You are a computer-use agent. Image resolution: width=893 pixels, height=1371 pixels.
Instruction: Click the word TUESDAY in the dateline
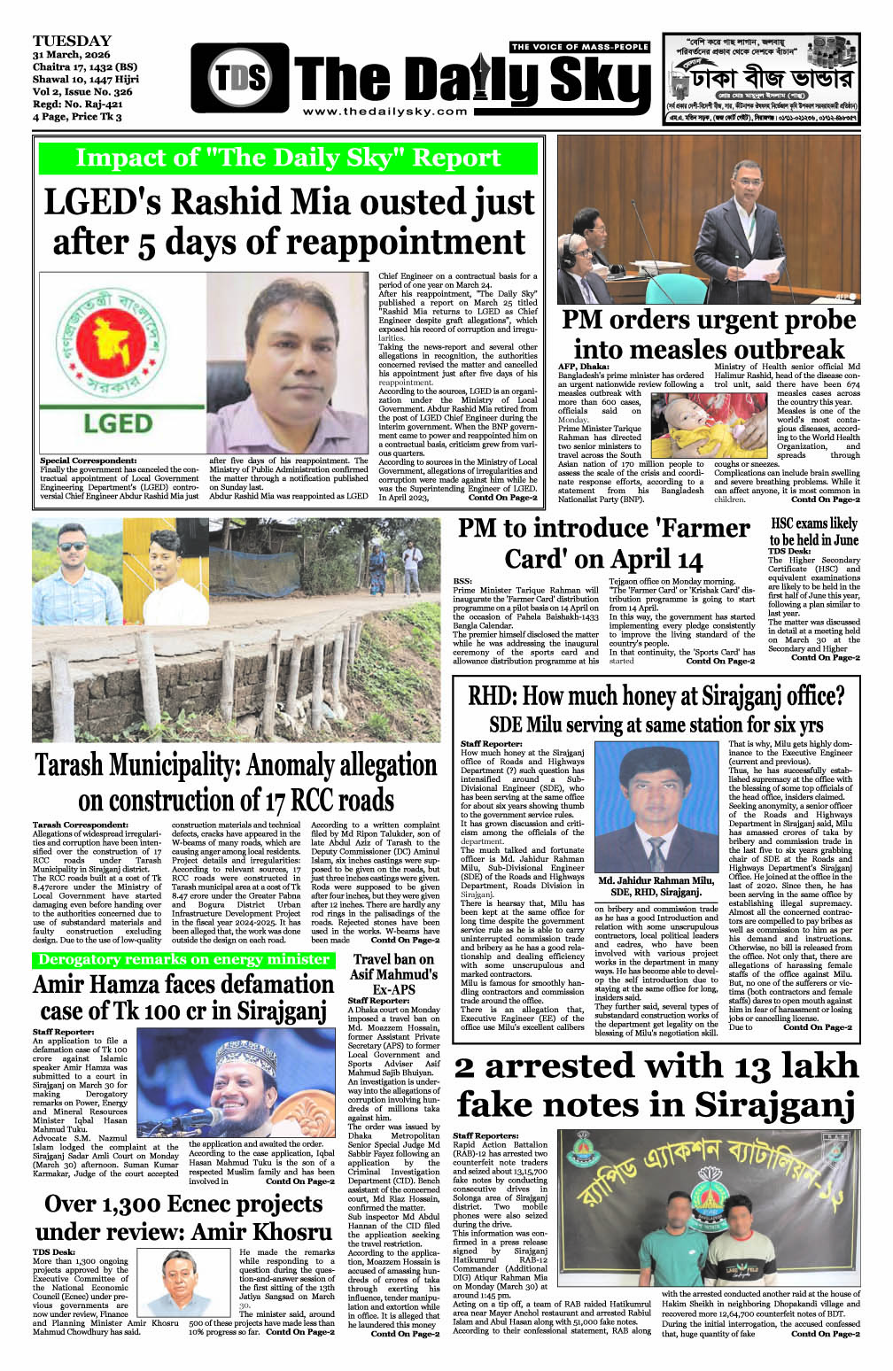tap(72, 41)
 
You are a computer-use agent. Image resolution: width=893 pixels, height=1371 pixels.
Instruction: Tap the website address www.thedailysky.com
tap(384, 112)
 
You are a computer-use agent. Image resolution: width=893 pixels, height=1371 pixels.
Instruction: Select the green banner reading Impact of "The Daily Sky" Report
tap(288, 158)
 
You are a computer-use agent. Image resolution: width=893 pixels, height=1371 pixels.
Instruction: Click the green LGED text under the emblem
tap(117, 422)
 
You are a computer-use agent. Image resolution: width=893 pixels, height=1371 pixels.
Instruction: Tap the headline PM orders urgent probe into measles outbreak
tap(709, 334)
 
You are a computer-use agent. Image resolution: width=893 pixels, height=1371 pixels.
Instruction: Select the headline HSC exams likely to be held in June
tap(813, 531)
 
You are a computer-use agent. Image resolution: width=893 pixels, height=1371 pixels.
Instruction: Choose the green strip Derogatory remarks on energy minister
tap(183, 960)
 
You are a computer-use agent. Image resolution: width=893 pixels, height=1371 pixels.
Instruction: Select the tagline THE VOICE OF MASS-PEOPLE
tap(580, 47)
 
